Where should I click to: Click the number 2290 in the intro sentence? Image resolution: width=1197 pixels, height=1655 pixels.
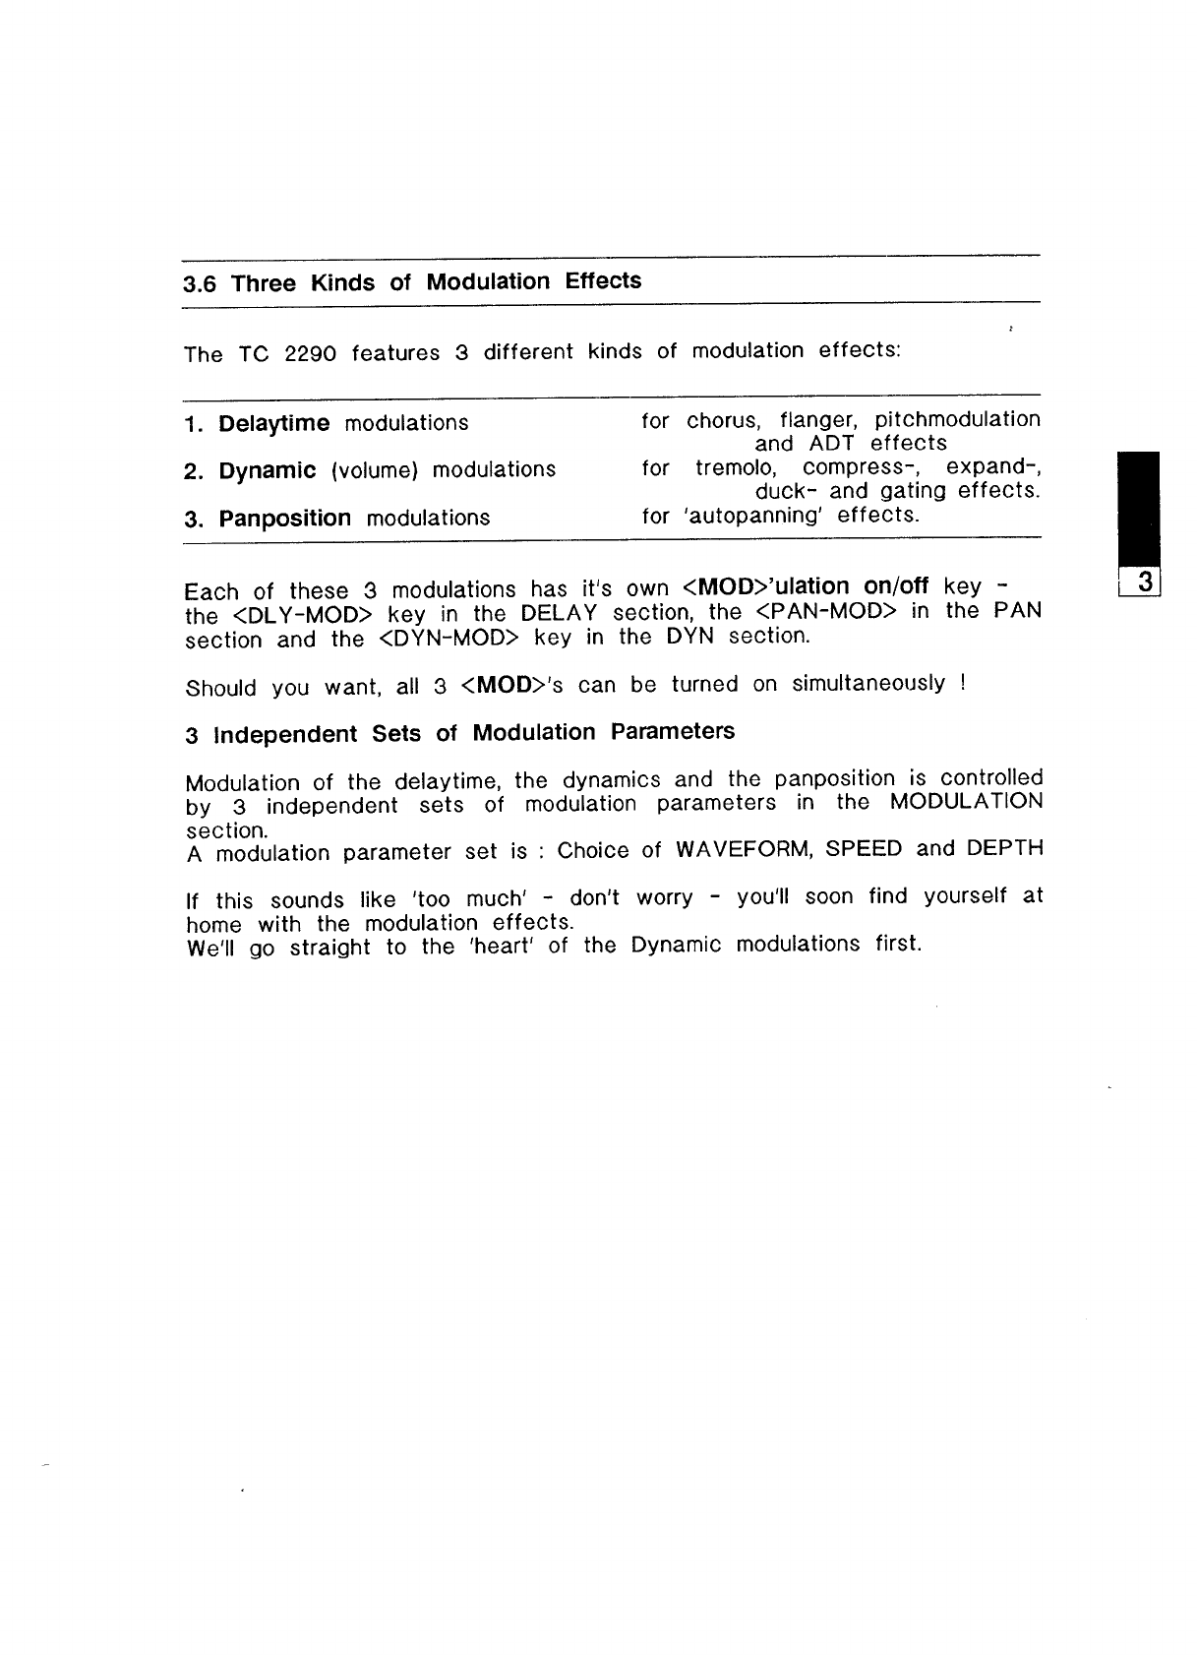coord(310,354)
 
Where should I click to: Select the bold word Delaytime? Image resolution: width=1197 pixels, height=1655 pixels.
coord(273,424)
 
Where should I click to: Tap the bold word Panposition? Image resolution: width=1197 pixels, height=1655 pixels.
coord(284,519)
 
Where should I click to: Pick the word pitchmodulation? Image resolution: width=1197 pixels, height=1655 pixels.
coord(957,420)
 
